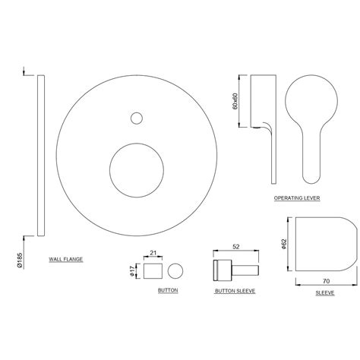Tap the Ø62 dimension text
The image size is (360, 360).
coord(282,244)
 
